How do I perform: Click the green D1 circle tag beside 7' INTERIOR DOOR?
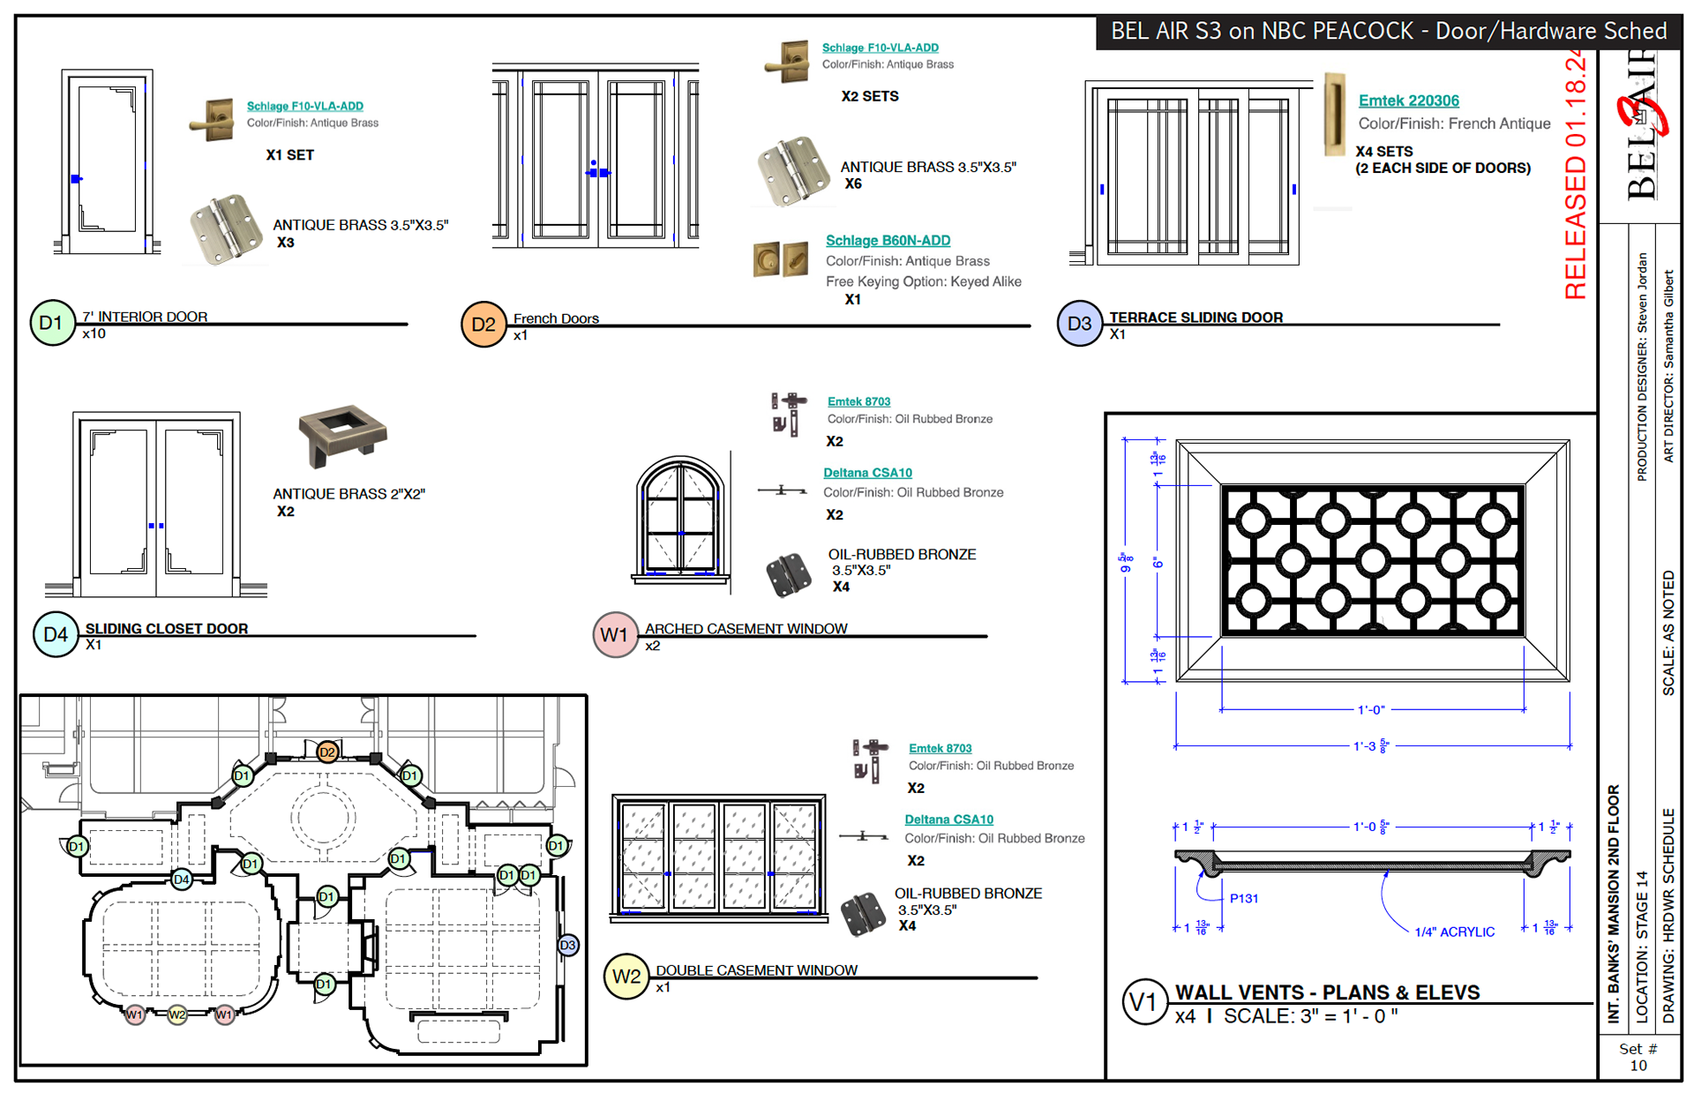[x=52, y=323]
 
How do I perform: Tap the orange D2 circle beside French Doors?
[x=483, y=325]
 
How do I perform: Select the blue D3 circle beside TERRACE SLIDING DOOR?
[x=1079, y=324]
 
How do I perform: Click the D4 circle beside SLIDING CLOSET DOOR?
[x=56, y=634]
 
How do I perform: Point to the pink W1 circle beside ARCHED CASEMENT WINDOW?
[x=615, y=635]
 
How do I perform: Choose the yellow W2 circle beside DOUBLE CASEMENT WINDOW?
[x=626, y=977]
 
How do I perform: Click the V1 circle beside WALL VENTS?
[x=1143, y=1002]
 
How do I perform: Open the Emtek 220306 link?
[x=1408, y=101]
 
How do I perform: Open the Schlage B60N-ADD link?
[x=888, y=240]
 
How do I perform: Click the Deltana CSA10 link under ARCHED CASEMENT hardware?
[x=867, y=473]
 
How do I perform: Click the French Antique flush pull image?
[x=1334, y=115]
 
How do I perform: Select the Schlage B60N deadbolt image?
[x=780, y=259]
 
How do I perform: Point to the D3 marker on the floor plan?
[x=567, y=946]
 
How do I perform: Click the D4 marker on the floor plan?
[x=182, y=879]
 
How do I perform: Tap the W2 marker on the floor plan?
[x=177, y=1014]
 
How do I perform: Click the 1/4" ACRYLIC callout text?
[x=1454, y=932]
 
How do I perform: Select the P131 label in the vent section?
[x=1244, y=898]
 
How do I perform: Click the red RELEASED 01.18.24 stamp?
[x=1575, y=176]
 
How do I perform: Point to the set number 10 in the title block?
[x=1638, y=1065]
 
